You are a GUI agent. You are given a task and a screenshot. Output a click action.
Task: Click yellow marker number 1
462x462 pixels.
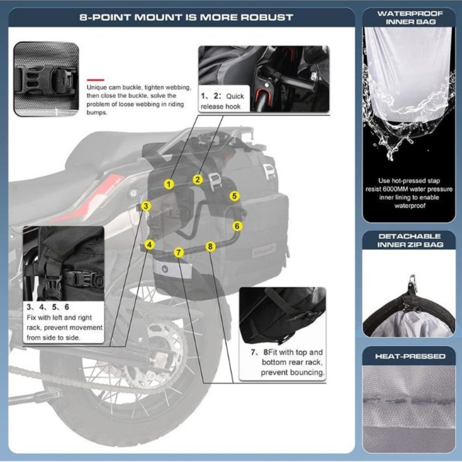[168, 184]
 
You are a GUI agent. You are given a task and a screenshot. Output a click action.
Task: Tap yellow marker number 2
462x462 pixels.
[198, 179]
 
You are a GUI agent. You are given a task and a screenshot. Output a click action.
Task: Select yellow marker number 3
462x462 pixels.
[146, 206]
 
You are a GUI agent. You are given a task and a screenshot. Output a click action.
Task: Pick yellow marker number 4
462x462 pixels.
[150, 244]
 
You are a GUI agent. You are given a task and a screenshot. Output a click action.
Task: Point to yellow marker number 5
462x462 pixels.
[234, 196]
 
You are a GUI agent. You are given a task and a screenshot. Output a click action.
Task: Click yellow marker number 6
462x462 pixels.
[237, 226]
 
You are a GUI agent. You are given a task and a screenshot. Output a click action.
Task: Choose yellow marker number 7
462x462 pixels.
[178, 253]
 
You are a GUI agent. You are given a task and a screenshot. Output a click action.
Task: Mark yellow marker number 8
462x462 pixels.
[209, 246]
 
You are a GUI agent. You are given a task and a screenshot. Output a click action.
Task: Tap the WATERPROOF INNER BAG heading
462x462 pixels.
[410, 17]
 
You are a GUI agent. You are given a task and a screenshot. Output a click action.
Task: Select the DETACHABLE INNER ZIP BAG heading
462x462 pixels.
[410, 240]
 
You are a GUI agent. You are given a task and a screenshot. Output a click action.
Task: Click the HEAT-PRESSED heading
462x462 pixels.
[410, 356]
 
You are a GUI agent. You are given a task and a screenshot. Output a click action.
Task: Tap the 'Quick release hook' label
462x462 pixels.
[223, 101]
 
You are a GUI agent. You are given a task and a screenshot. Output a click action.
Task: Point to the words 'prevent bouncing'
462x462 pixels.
[293, 372]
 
